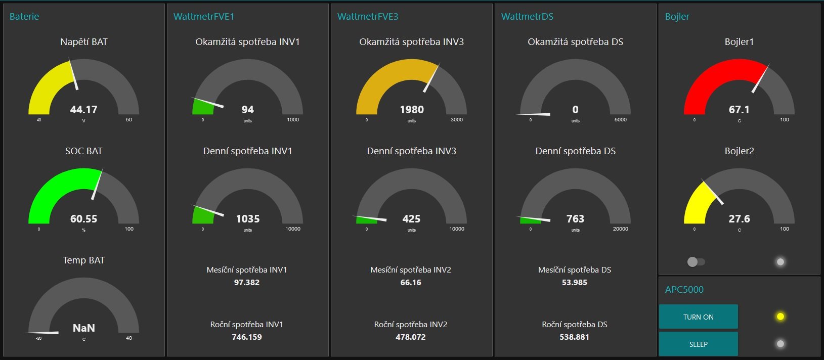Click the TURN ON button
coord(698,317)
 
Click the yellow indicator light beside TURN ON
coord(780,317)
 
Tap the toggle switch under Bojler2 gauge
coord(696,262)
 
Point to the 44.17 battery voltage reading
coord(83,110)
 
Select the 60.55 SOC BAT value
coord(83,219)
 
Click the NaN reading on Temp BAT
coord(83,328)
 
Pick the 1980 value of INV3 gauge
coord(411,110)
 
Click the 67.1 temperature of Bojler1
coord(739,110)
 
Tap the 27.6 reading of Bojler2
coord(739,219)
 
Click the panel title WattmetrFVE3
coord(368,17)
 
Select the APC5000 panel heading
coord(684,290)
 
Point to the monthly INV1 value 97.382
coord(246,283)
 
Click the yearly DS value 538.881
coord(574,337)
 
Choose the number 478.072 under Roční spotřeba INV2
coord(410,337)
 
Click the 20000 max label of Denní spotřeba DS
coord(620,229)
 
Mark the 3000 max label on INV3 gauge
coord(456,120)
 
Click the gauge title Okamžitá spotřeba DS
coord(575,42)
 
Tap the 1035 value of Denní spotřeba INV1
coord(247,219)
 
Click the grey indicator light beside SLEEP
coord(780,344)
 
